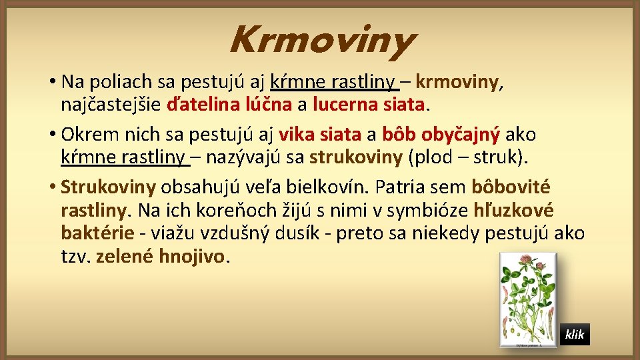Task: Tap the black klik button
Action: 574,334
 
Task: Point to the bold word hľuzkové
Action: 513,211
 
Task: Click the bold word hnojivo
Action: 195,257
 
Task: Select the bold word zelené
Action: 125,257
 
